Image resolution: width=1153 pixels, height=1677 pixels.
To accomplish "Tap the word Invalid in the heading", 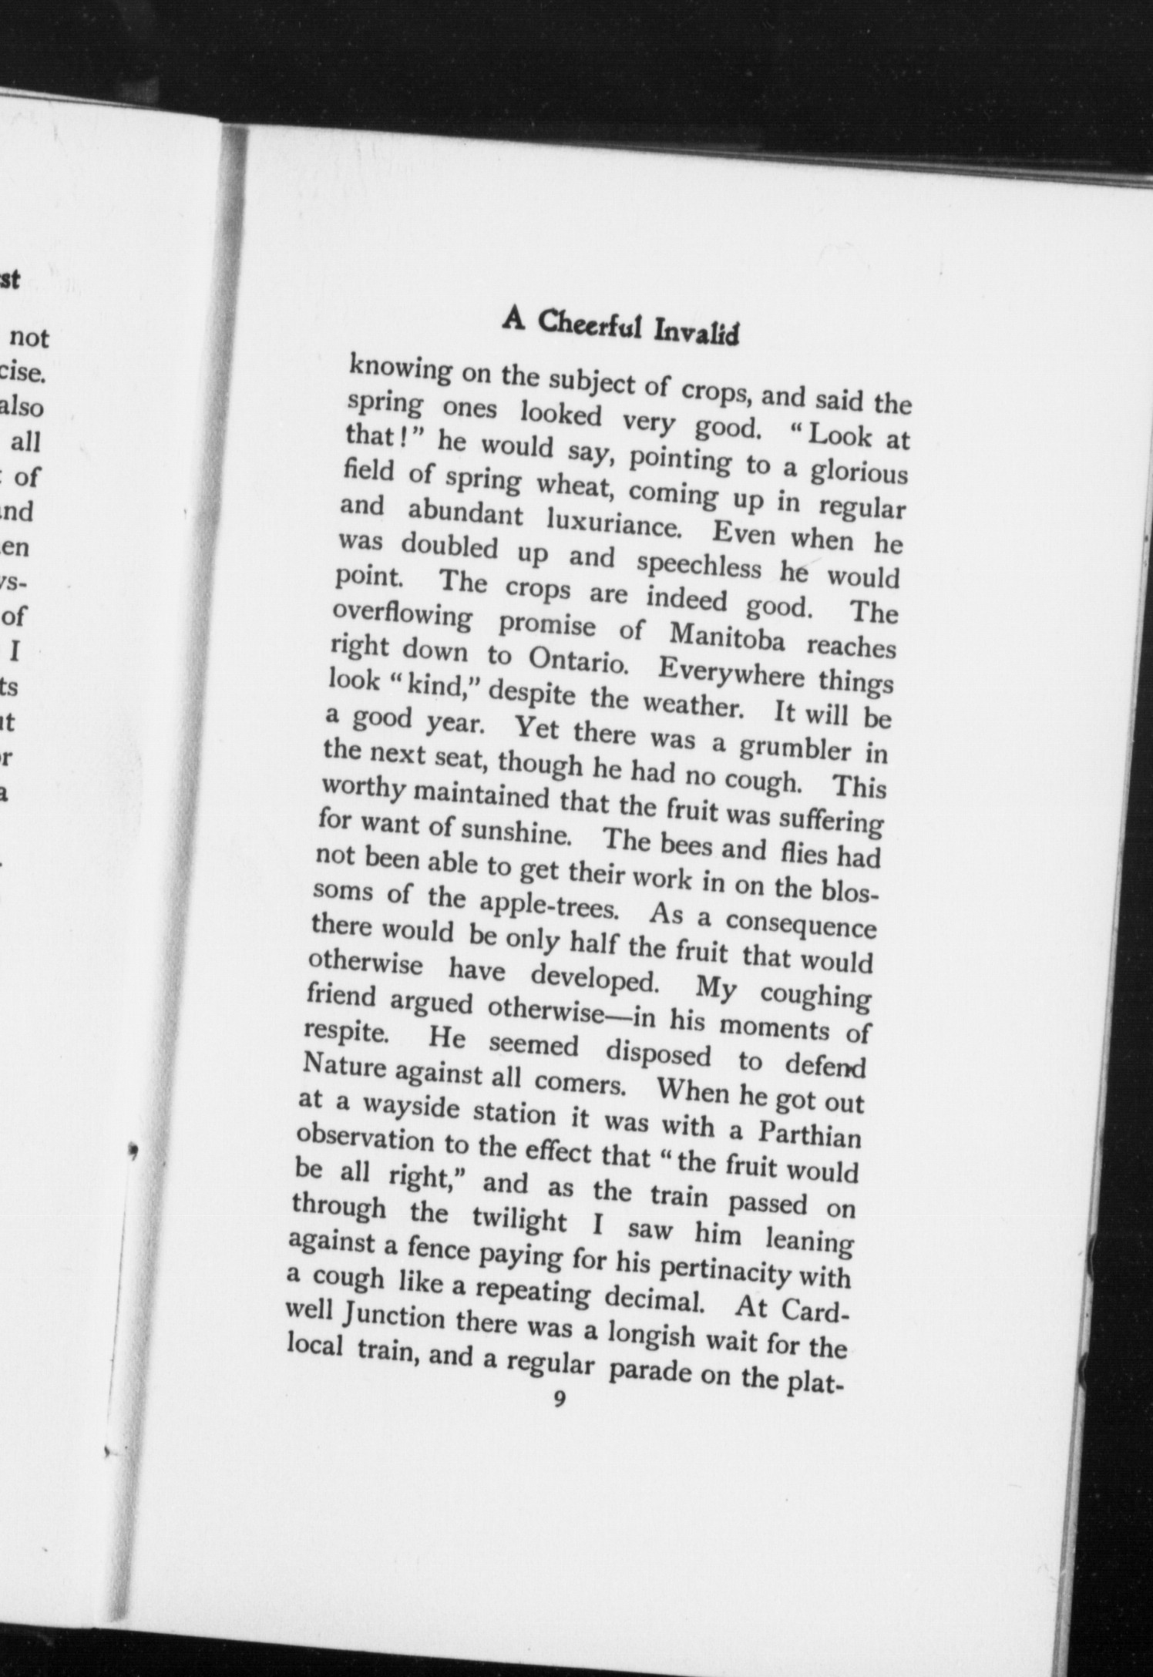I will (x=696, y=333).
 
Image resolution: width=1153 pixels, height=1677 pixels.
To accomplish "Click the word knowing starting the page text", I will (x=400, y=371).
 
